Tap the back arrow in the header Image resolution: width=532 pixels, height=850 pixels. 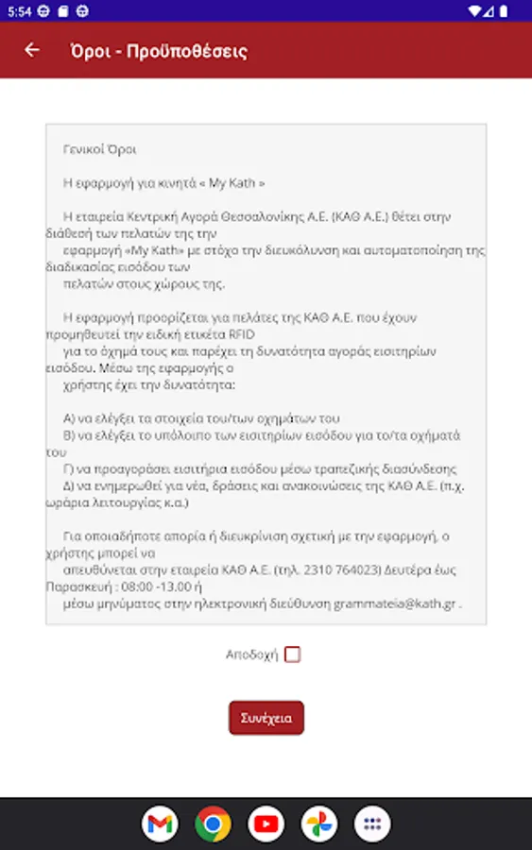pyautogui.click(x=33, y=50)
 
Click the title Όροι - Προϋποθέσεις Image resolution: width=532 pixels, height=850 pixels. pyautogui.click(x=159, y=51)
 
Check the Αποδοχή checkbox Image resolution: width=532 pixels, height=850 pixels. pyautogui.click(x=293, y=654)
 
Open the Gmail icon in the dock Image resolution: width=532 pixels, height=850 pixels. pyautogui.click(x=161, y=824)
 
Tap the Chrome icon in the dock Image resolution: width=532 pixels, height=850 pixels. pyautogui.click(x=214, y=824)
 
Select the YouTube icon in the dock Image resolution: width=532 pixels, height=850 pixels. pyautogui.click(x=266, y=824)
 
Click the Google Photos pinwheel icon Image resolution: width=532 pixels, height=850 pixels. pyautogui.click(x=319, y=824)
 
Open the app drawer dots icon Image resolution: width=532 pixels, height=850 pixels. pyautogui.click(x=372, y=824)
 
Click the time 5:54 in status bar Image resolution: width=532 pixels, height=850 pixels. pyautogui.click(x=19, y=10)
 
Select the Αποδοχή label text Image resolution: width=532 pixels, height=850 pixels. pyautogui.click(x=251, y=654)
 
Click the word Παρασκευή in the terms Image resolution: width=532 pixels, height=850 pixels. pyautogui.click(x=76, y=586)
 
